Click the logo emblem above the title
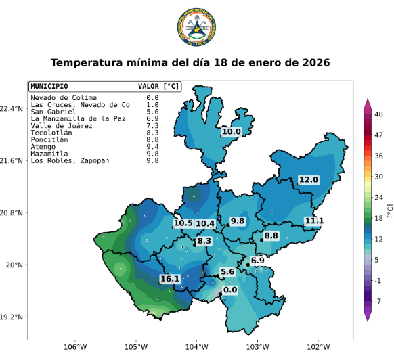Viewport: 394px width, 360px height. tap(196, 26)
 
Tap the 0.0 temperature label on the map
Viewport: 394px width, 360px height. tap(230, 290)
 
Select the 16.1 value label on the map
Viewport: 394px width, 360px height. tap(170, 279)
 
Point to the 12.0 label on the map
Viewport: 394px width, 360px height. tap(308, 179)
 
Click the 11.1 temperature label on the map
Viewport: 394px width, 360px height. tap(313, 221)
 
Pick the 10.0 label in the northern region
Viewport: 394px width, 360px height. tap(231, 132)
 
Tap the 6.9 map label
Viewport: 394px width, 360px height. tap(257, 261)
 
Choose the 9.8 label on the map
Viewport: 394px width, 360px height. tap(238, 221)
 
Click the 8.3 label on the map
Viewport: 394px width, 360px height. tap(204, 241)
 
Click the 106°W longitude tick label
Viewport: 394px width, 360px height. tap(75, 348)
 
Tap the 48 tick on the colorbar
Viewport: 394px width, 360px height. tap(380, 114)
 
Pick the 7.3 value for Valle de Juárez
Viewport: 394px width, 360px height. tap(152, 126)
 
